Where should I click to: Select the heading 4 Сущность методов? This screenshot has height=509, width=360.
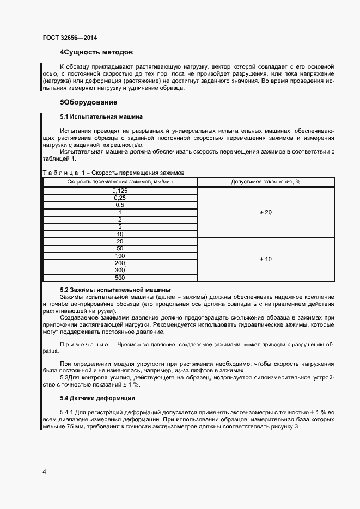tap(96, 53)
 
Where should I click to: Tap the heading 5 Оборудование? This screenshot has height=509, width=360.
tap(88, 102)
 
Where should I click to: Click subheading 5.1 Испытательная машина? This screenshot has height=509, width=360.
tap(101, 116)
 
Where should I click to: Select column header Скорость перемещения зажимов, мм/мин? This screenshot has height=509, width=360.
tap(120, 181)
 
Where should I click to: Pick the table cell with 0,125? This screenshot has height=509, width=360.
tap(120, 191)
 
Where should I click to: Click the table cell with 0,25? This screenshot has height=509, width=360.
tap(120, 198)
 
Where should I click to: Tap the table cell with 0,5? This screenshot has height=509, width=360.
tap(120, 205)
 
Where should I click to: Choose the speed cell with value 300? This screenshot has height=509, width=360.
tap(120, 270)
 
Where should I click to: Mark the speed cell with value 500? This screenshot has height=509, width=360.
tap(120, 278)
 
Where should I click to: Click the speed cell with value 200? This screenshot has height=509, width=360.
tap(120, 263)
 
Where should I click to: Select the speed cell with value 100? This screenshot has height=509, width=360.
tap(120, 256)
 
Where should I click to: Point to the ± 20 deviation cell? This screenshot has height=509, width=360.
tap(266, 212)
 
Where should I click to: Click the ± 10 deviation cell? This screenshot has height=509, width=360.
tap(266, 259)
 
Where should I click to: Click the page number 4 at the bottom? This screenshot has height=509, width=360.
tap(44, 471)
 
